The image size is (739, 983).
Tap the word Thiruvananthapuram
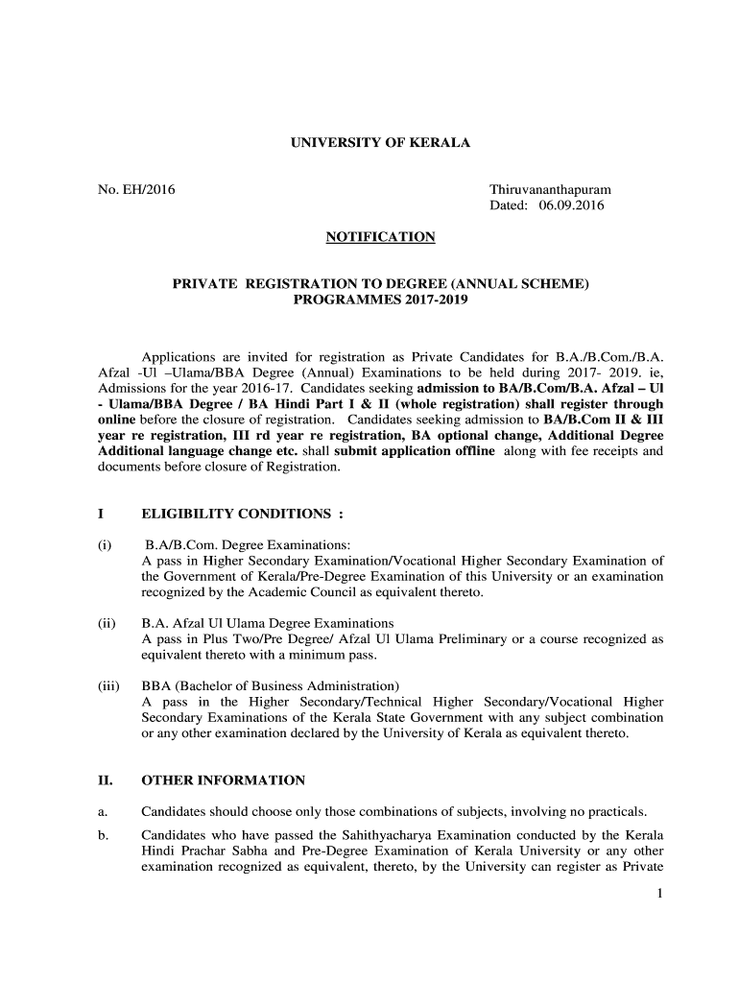tap(550, 190)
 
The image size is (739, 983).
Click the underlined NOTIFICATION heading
tap(381, 236)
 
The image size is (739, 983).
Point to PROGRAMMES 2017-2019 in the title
tap(381, 300)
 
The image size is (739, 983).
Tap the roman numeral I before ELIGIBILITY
tap(102, 514)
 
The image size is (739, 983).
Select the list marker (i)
tap(105, 545)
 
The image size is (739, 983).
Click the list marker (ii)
tap(107, 623)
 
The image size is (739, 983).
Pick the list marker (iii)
tap(108, 685)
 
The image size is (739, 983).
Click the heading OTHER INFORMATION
tap(223, 780)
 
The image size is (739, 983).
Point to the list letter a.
tap(102, 810)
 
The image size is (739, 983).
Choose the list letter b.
tap(102, 835)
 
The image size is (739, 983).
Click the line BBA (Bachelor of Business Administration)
tap(270, 685)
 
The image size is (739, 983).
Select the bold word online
tap(118, 420)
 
